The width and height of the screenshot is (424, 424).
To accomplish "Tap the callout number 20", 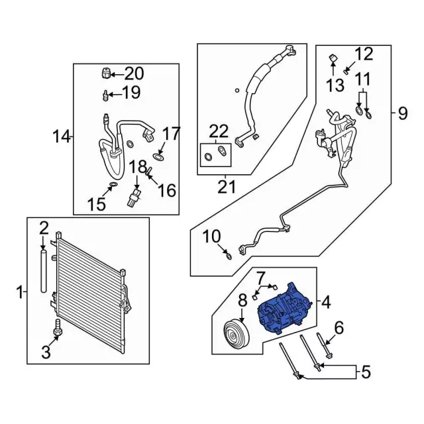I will (x=134, y=73).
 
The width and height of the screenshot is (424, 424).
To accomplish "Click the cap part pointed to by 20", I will (x=105, y=73).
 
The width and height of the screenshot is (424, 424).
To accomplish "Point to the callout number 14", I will (x=62, y=137).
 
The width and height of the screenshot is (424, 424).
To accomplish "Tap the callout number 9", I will (x=403, y=113).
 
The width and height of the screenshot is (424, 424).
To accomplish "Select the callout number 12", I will (x=364, y=54).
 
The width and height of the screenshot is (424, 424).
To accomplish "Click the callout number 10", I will (x=211, y=236).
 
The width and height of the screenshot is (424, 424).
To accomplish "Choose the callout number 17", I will (x=170, y=134).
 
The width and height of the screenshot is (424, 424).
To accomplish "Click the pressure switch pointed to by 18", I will (x=136, y=197).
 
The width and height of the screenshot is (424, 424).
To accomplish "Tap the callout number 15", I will (x=97, y=204).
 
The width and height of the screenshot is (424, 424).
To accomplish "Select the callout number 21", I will (x=227, y=187).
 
